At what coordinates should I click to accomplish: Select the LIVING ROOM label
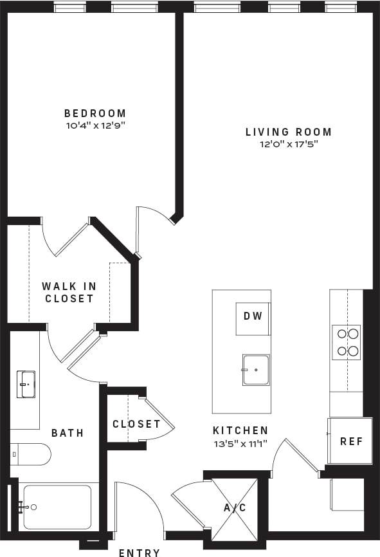pyautogui.click(x=289, y=132)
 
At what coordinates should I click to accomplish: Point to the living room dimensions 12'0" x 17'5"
pyautogui.click(x=289, y=145)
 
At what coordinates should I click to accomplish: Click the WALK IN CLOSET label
pyautogui.click(x=69, y=292)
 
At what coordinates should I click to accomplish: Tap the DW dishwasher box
pyautogui.click(x=251, y=316)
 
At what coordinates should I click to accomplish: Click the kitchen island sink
pyautogui.click(x=256, y=370)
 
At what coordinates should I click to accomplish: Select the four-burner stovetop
pyautogui.click(x=346, y=342)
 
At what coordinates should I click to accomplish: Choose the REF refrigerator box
pyautogui.click(x=350, y=441)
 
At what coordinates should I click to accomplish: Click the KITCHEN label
pyautogui.click(x=240, y=430)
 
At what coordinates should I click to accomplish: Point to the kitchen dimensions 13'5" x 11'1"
pyautogui.click(x=240, y=443)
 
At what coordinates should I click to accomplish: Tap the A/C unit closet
pyautogui.click(x=234, y=507)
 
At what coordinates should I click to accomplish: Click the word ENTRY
pyautogui.click(x=140, y=552)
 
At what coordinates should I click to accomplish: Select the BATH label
pyautogui.click(x=68, y=433)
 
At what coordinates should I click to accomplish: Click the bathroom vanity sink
pyautogui.click(x=26, y=384)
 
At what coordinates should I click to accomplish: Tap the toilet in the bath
pyautogui.click(x=31, y=453)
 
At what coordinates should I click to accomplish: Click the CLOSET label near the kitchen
pyautogui.click(x=136, y=424)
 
